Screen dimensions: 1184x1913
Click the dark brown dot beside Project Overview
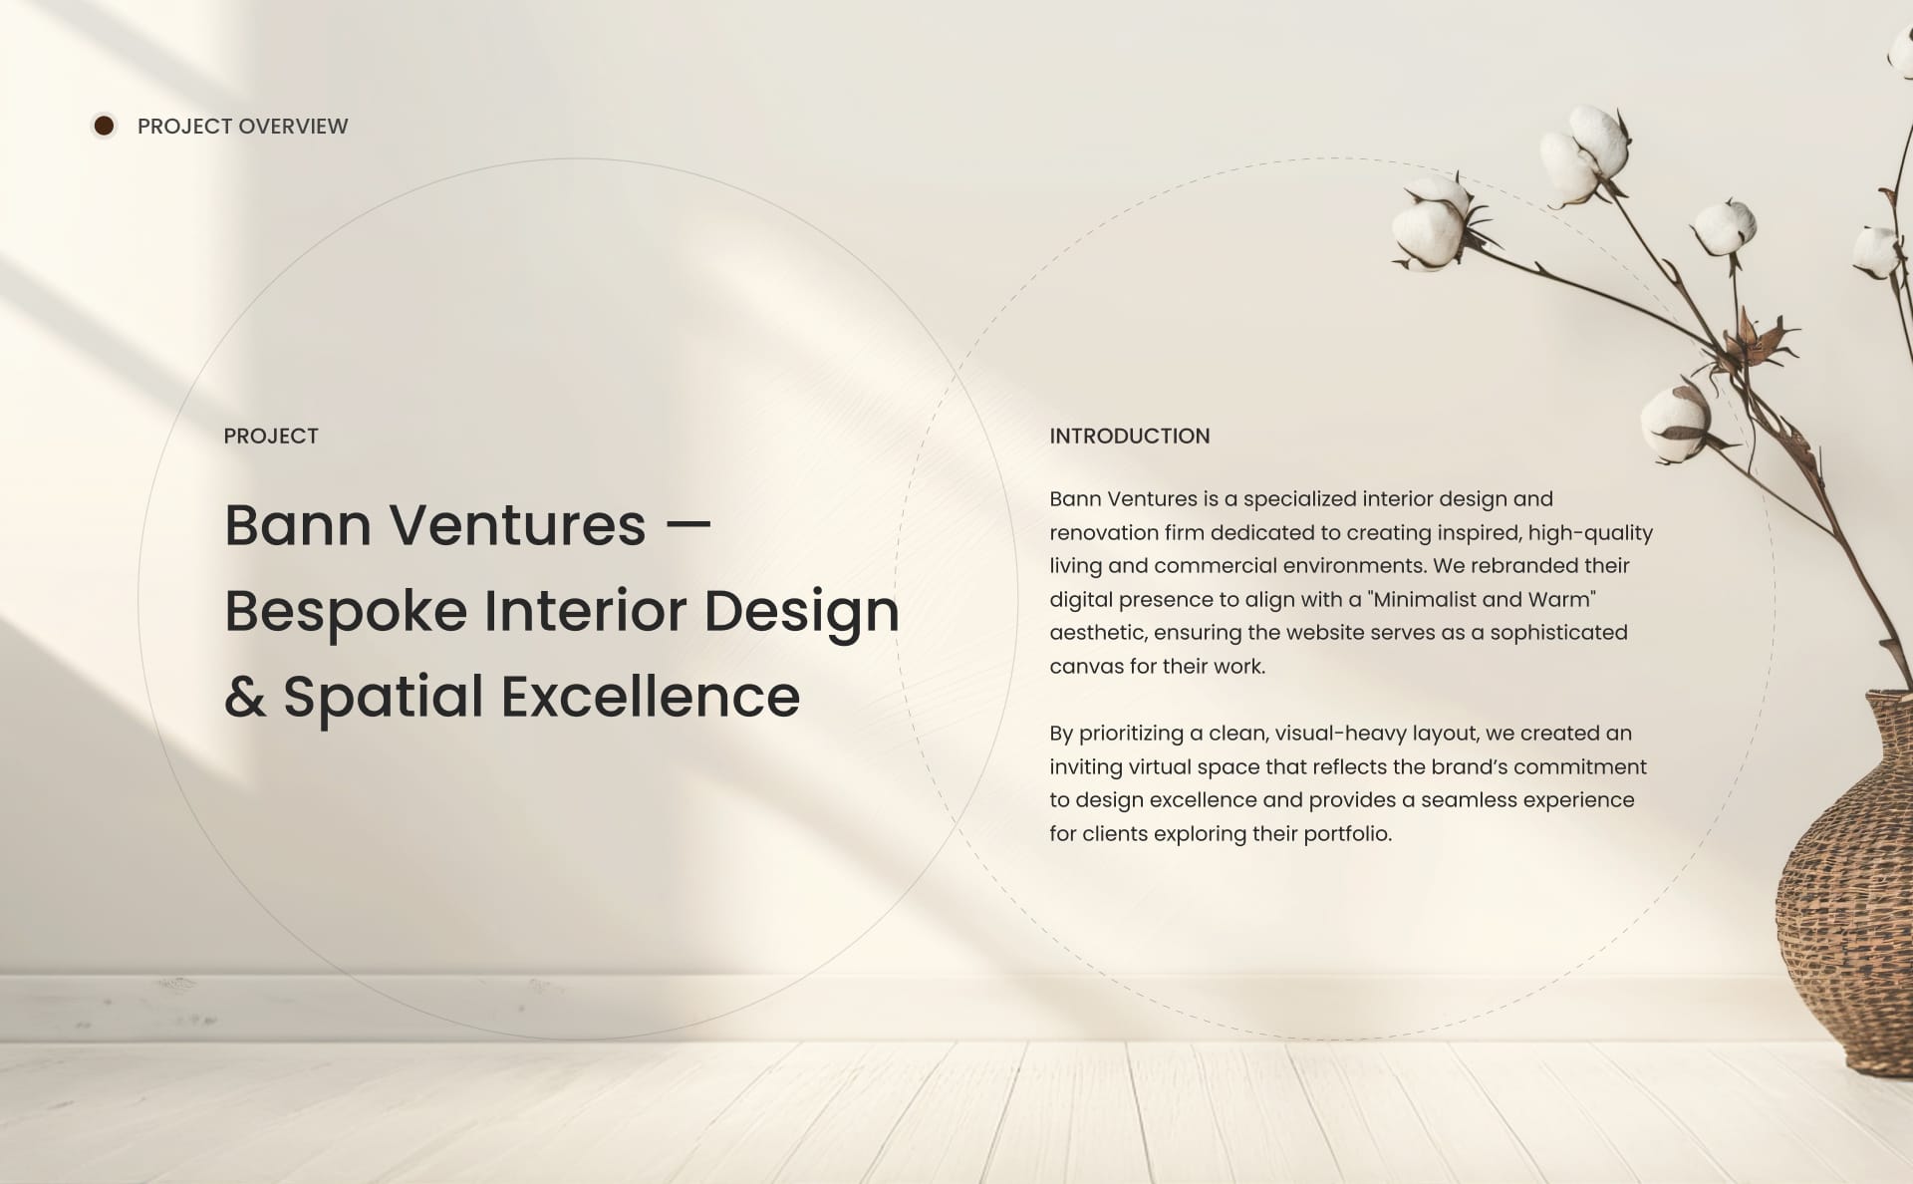click(104, 126)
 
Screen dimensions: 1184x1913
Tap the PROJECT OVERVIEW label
click(242, 127)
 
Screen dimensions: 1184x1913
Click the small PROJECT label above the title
click(271, 436)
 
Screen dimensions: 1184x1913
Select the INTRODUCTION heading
click(1129, 436)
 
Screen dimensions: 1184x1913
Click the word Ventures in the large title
click(517, 525)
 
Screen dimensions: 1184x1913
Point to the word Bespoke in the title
click(345, 611)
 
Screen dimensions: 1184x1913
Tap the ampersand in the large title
click(244, 697)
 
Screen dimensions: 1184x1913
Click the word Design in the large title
click(801, 611)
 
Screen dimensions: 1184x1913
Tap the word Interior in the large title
click(585, 611)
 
